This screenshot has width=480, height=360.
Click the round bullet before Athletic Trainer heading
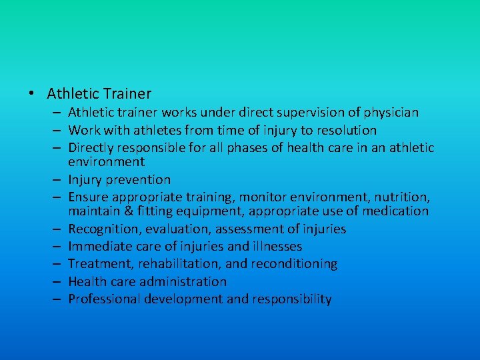(32, 94)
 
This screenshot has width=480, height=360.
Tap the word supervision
(307, 113)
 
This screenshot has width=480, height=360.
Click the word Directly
(91, 148)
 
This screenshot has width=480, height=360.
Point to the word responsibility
(291, 299)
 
